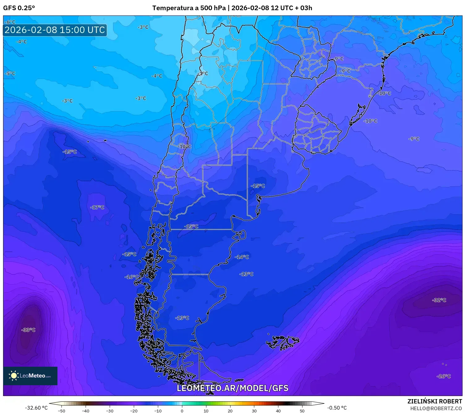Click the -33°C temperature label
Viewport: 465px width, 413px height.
[x=28, y=330]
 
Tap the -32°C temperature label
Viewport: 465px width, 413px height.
[x=439, y=300]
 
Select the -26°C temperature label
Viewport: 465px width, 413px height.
[x=444, y=376]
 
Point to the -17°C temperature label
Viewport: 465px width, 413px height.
[x=97, y=207]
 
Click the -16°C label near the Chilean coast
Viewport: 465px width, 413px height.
[x=131, y=277]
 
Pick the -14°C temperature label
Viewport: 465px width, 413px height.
[x=242, y=257]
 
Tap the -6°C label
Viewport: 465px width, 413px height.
[x=10, y=22]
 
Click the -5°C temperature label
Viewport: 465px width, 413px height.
[x=10, y=73]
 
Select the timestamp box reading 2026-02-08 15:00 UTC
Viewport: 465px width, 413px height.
[x=55, y=30]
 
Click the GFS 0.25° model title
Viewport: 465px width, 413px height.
[x=19, y=8]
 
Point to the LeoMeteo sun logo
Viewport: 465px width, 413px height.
[x=14, y=376]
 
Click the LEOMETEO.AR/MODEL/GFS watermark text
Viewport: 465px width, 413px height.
[x=232, y=388]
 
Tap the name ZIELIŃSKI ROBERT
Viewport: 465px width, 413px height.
[x=434, y=401]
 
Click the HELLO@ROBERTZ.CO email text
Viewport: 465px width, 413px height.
[x=436, y=408]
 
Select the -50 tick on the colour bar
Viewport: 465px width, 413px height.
[x=61, y=411]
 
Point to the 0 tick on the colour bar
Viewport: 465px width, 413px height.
[x=182, y=411]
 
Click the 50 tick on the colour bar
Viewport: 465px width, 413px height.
[x=302, y=411]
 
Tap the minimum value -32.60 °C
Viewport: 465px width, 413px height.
[x=36, y=408]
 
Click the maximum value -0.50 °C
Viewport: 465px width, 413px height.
[x=337, y=408]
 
